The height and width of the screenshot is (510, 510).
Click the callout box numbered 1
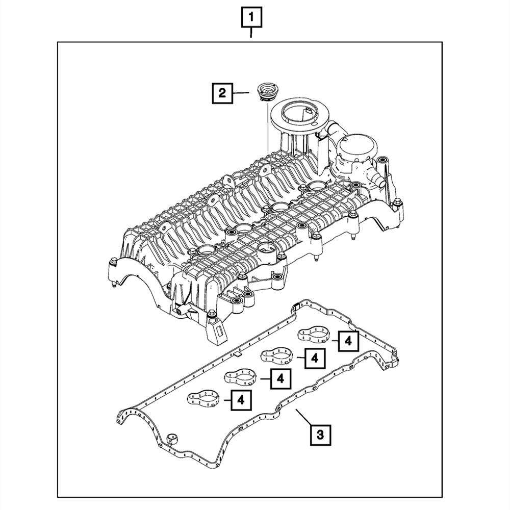point(251,18)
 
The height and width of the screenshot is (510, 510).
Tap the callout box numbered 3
point(320,435)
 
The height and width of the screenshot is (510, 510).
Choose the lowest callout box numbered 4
point(241,400)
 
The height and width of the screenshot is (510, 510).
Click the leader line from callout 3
point(305,419)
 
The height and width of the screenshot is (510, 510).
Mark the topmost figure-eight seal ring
point(314,335)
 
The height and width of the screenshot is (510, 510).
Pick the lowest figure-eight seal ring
point(204,397)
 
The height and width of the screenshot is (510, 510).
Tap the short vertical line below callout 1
point(251,35)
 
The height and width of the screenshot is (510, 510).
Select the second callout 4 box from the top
point(314,358)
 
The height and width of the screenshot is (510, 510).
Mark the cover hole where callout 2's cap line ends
point(267,248)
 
